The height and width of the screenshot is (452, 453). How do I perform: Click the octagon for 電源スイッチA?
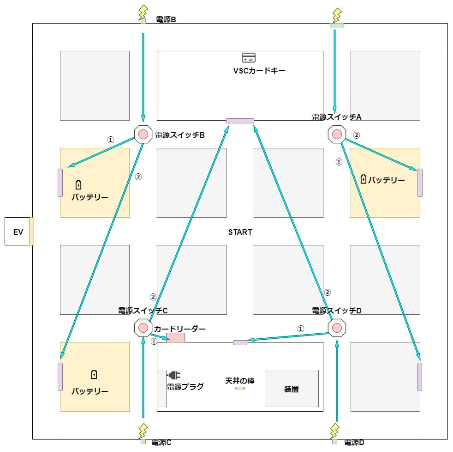pyautogui.click(x=337, y=134)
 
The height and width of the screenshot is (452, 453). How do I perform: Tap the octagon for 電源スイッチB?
pyautogui.click(x=143, y=134)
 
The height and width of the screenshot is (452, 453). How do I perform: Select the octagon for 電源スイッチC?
pyautogui.click(x=143, y=328)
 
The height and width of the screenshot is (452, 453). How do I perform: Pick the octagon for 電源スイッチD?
pyautogui.click(x=337, y=328)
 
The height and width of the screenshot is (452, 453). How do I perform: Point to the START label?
pyautogui.click(x=240, y=232)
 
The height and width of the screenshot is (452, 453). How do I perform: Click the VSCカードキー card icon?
pyautogui.click(x=248, y=58)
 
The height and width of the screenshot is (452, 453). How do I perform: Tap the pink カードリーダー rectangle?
pyautogui.click(x=175, y=338)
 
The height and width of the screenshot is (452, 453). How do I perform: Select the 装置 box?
pyautogui.click(x=291, y=388)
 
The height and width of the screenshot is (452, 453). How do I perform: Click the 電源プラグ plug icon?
pyautogui.click(x=173, y=375)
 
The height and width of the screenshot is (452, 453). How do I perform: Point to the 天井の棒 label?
pyautogui.click(x=239, y=381)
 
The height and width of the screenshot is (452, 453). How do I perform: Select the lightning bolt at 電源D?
pyautogui.click(x=334, y=431)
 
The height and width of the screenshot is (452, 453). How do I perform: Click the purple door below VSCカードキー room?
pyautogui.click(x=240, y=121)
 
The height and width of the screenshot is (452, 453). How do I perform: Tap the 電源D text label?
pyautogui.click(x=354, y=442)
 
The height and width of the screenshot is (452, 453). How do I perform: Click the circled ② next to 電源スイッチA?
pyautogui.click(x=356, y=135)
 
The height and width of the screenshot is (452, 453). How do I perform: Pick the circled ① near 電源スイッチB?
pyautogui.click(x=110, y=140)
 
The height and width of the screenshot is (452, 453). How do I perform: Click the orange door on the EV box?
pyautogui.click(x=31, y=231)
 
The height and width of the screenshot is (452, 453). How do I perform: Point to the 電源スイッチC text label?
pyautogui.click(x=143, y=311)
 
